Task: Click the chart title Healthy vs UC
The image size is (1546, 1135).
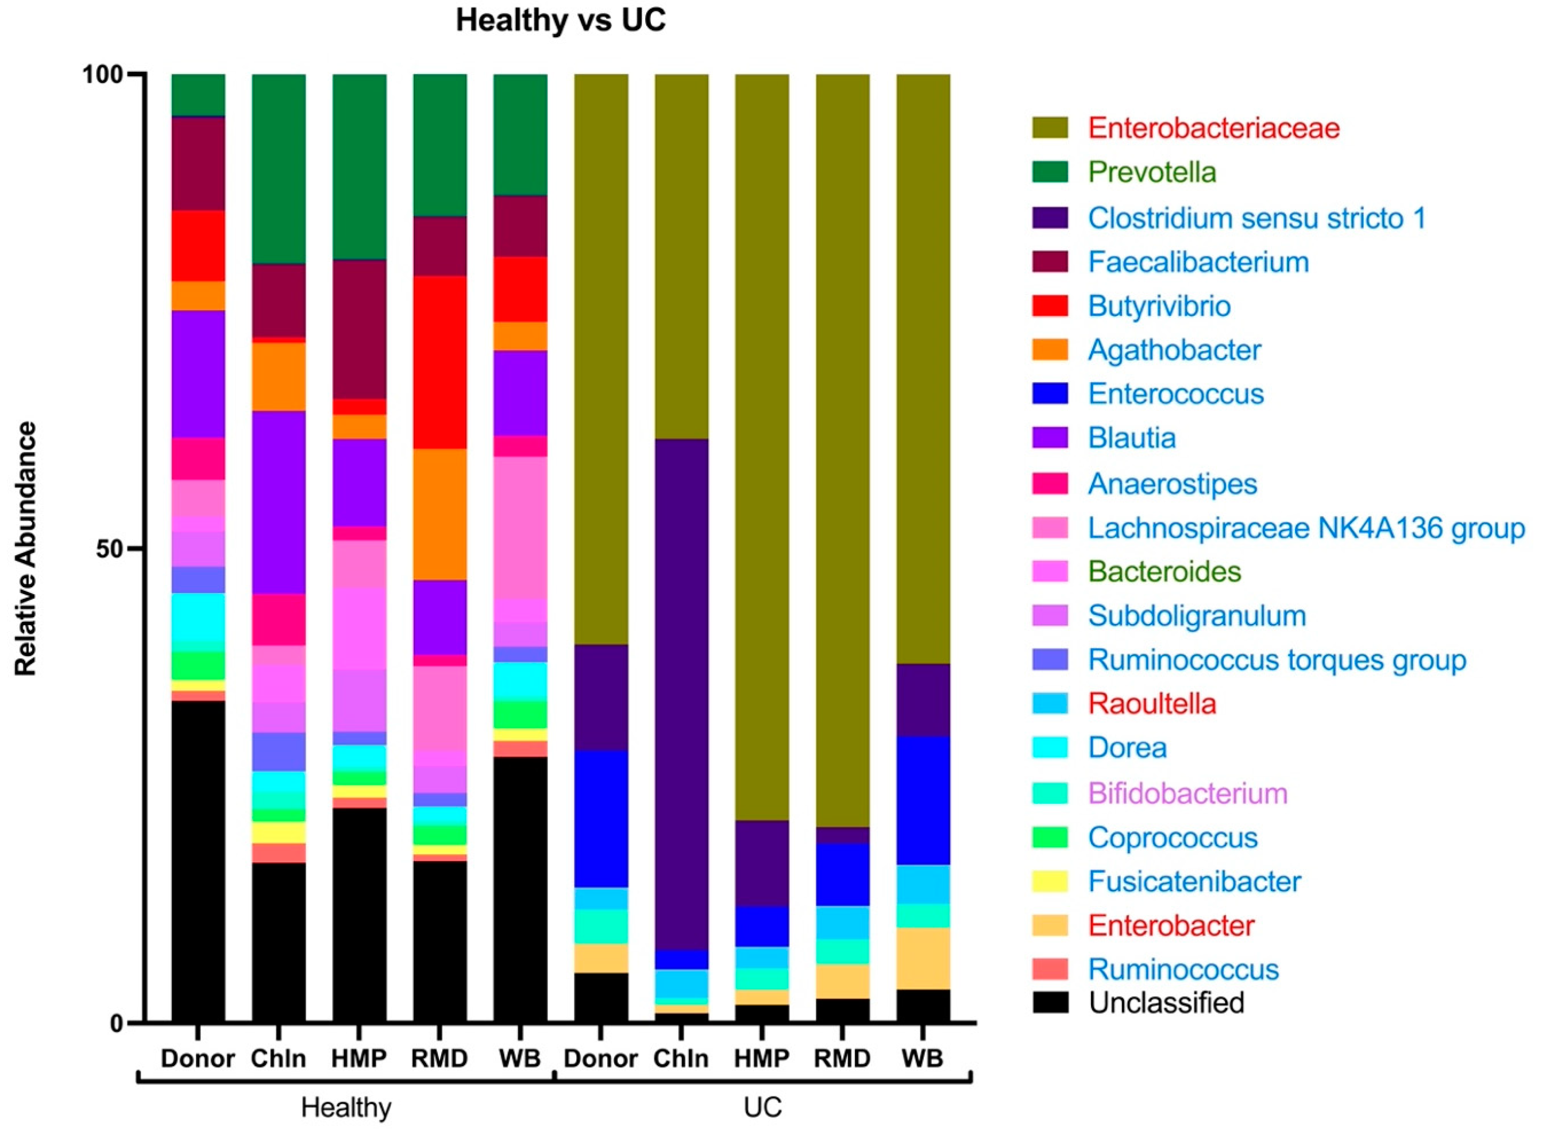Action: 560,21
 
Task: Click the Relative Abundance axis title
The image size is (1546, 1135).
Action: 26,548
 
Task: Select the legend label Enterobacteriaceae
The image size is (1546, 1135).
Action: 1213,129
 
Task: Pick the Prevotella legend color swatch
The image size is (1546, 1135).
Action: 1050,172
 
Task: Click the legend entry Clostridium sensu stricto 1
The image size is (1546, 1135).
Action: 1256,219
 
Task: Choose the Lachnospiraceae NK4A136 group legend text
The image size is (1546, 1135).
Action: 1306,528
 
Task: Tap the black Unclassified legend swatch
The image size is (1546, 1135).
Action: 1050,1002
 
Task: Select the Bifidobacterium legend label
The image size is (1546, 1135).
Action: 1187,793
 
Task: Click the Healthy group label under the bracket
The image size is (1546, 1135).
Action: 346,1108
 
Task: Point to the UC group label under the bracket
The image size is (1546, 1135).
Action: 762,1108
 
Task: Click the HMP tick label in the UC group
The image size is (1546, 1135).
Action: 762,1059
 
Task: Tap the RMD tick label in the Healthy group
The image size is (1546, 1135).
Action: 439,1059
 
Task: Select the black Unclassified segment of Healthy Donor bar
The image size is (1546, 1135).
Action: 198,859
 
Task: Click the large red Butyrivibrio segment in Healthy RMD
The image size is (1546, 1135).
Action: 439,362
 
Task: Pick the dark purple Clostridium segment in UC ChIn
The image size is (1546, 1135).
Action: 681,694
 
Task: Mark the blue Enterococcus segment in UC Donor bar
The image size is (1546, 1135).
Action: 601,818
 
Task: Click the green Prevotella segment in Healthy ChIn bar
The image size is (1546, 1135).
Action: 279,168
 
